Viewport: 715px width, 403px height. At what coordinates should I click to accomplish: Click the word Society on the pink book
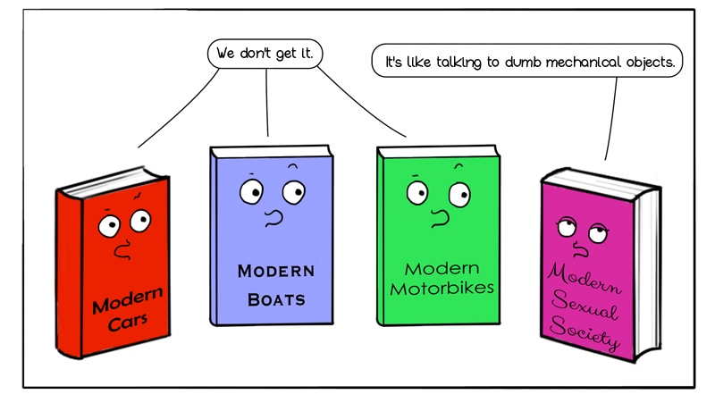[585, 333]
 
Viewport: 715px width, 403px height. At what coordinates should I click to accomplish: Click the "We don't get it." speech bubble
[265, 53]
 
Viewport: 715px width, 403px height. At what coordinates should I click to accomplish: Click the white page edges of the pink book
[650, 259]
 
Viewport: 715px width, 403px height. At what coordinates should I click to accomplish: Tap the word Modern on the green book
[442, 268]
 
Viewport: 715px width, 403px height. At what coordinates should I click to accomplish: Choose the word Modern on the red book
[127, 298]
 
